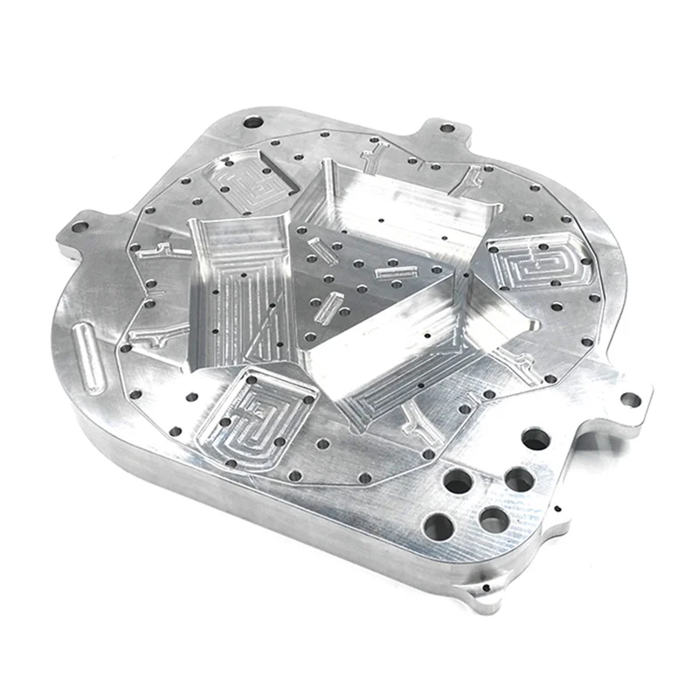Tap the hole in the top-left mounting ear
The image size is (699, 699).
[253, 122]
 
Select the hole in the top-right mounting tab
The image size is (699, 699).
[446, 128]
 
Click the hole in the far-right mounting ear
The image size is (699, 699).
[630, 400]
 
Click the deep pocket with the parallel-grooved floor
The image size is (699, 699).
[236, 297]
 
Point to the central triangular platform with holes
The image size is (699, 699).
[367, 280]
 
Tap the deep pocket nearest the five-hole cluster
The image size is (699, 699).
[411, 349]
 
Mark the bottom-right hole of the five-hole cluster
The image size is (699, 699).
[494, 519]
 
